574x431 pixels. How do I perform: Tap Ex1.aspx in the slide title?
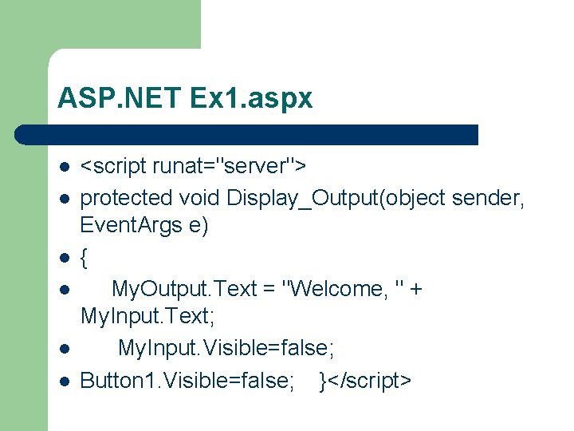coord(252,98)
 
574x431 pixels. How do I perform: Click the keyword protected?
coord(126,196)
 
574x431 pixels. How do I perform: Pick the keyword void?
coord(200,196)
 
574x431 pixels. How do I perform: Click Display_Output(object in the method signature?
coord(336,196)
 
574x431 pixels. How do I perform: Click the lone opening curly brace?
coord(85,257)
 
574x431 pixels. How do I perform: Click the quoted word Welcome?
coord(336,288)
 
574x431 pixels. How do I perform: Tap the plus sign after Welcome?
coord(415,289)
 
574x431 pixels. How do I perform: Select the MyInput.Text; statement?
coord(147,318)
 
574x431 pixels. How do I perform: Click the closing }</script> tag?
coord(365,380)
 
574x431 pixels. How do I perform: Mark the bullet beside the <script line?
coord(63,167)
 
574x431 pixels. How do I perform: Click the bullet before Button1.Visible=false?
coord(63,381)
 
